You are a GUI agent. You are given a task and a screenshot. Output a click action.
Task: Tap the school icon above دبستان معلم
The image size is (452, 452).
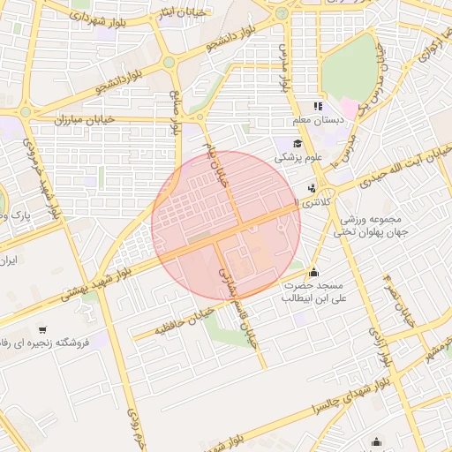(319, 107)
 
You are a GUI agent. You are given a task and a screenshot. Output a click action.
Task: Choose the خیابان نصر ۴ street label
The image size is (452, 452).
(398, 300)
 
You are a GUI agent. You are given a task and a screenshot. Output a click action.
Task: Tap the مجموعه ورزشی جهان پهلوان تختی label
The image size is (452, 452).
(368, 225)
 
